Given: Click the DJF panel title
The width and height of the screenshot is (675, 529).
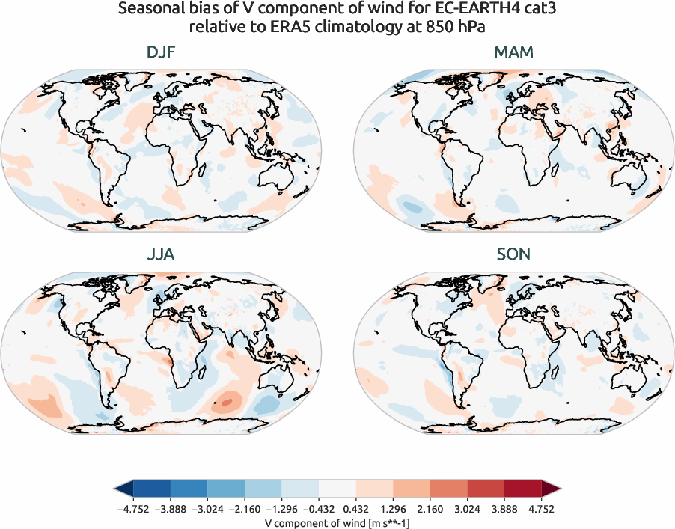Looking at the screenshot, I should (x=162, y=53).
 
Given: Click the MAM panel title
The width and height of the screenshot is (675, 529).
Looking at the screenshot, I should (x=513, y=53).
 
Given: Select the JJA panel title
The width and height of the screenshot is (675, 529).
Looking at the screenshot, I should (x=162, y=255).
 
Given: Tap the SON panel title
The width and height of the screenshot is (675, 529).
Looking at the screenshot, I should (x=513, y=255).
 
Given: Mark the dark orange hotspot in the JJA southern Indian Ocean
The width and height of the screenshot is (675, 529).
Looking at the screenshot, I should (x=225, y=402).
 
